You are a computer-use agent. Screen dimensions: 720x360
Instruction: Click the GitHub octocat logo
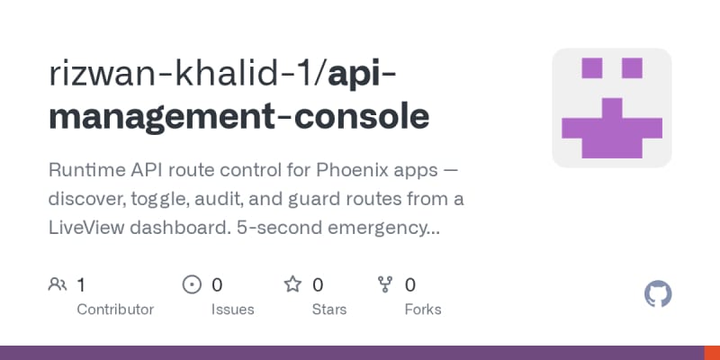tap(658, 294)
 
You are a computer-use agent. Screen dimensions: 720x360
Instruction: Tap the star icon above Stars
tap(292, 284)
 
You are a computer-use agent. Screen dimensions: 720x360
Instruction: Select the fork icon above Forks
tap(385, 284)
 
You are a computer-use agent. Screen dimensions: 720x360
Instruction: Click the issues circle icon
tap(192, 284)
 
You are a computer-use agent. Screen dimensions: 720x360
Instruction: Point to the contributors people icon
tap(58, 284)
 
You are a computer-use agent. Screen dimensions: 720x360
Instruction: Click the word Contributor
tap(115, 310)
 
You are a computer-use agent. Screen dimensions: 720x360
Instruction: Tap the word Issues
tap(232, 310)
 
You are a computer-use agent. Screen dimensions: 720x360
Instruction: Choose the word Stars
tap(329, 310)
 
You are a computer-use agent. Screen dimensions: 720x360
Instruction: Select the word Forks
tap(423, 310)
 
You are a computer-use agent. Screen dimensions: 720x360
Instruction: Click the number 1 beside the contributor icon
tap(81, 285)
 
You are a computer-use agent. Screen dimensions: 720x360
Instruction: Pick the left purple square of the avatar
tap(592, 68)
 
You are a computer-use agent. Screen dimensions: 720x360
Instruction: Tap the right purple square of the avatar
tap(632, 68)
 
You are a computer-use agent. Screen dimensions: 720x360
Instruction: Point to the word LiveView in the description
tap(85, 228)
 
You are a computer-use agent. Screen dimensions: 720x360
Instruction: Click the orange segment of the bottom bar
tap(712, 353)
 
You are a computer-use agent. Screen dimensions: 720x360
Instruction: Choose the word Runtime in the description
tap(80, 170)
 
